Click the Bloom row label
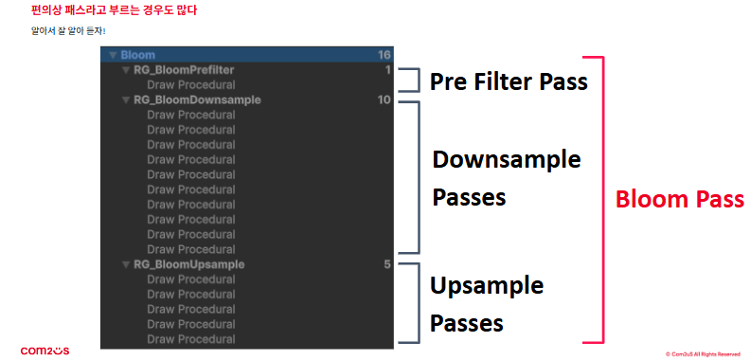click(x=137, y=55)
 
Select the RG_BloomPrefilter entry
click(x=184, y=70)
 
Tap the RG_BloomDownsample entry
click(x=197, y=100)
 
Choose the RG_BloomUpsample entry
click(x=189, y=264)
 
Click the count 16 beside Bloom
click(x=384, y=55)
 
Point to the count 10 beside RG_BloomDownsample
click(x=384, y=100)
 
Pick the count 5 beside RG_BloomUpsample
click(x=387, y=264)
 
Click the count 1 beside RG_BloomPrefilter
click(x=388, y=70)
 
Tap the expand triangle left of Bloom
click(x=113, y=55)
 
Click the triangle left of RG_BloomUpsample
click(x=126, y=264)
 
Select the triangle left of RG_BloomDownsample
click(x=126, y=100)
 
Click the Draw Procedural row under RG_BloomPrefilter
click(x=191, y=85)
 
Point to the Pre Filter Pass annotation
click(x=509, y=81)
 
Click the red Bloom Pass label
click(x=680, y=199)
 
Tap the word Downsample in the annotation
click(x=507, y=159)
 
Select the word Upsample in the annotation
click(x=487, y=286)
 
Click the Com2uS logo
click(x=45, y=351)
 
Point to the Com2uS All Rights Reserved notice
click(x=703, y=354)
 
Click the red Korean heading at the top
click(x=114, y=10)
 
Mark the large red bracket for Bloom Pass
click(x=603, y=200)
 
